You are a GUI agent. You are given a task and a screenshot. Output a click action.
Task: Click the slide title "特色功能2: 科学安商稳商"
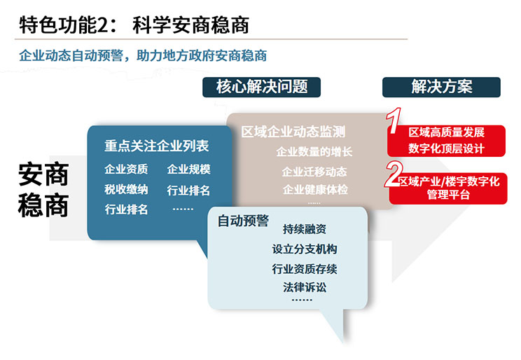[134, 25]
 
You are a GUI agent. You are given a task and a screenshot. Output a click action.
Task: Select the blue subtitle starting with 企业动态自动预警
[143, 55]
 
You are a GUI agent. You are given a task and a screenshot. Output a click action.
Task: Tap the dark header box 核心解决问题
[261, 87]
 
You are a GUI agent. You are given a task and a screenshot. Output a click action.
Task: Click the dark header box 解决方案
[441, 87]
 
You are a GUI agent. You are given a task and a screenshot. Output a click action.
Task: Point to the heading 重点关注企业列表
[156, 146]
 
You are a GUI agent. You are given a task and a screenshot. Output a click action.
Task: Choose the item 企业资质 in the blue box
[126, 169]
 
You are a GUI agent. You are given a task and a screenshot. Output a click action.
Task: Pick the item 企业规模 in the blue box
[189, 169]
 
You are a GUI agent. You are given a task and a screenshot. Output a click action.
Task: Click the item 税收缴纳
[126, 190]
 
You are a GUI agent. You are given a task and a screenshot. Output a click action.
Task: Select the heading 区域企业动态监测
[293, 132]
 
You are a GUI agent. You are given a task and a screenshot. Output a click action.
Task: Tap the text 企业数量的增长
[314, 151]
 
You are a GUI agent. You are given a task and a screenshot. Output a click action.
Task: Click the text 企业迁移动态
[314, 172]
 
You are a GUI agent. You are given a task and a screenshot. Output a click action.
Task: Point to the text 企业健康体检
[315, 190]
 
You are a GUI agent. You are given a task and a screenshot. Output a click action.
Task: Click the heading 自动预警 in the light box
[243, 221]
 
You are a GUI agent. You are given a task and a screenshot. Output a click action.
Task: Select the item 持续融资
[305, 229]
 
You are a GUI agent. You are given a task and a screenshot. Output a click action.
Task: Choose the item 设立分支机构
[305, 249]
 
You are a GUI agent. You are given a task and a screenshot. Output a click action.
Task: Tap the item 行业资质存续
[305, 268]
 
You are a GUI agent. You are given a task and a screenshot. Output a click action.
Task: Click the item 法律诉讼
[305, 287]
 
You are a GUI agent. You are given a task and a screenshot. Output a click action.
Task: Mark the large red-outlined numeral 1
[394, 120]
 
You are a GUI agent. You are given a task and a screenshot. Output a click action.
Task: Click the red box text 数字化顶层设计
[446, 148]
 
